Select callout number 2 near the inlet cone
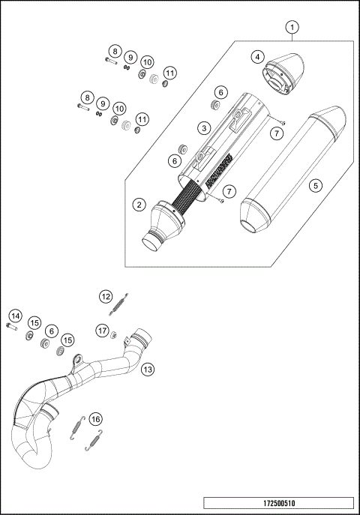139,204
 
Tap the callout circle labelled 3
202,129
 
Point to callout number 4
257,57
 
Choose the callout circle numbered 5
315,184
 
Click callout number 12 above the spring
106,297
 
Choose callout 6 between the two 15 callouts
51,331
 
